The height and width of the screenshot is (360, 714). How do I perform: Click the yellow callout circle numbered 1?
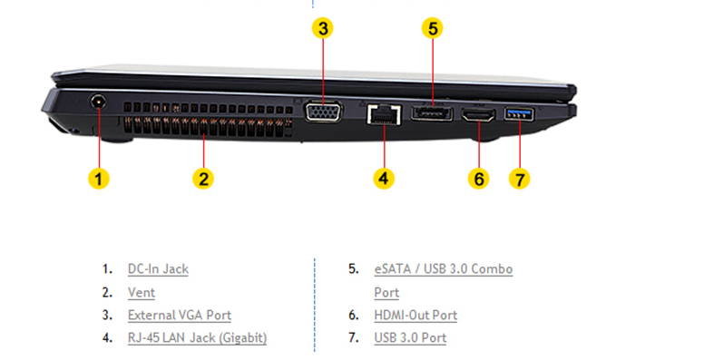(x=99, y=178)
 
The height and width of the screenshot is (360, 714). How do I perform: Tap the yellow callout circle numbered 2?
(x=203, y=178)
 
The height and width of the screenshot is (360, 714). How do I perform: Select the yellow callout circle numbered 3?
(x=323, y=28)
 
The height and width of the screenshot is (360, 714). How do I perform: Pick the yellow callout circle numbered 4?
(x=384, y=178)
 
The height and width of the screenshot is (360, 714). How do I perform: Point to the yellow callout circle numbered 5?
(x=433, y=28)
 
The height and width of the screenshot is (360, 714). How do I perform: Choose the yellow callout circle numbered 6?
(x=479, y=178)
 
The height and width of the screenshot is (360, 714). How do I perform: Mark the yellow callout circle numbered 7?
(x=520, y=178)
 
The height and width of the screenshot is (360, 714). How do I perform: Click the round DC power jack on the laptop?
(x=97, y=102)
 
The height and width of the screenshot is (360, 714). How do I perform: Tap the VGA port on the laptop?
(x=323, y=112)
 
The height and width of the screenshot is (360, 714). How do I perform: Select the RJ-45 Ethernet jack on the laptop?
(x=384, y=114)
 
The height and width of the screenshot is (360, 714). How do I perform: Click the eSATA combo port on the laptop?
(x=432, y=112)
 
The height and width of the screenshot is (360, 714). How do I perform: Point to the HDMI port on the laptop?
(x=479, y=114)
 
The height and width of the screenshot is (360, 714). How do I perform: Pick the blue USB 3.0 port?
(x=519, y=113)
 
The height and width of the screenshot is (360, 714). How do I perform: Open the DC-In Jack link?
(x=158, y=269)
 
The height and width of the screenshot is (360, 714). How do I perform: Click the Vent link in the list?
(x=142, y=292)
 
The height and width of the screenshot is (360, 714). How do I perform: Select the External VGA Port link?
(x=180, y=315)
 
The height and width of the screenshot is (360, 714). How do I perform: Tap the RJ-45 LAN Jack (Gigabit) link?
(x=197, y=337)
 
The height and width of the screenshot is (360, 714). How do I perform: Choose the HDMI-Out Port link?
(x=416, y=315)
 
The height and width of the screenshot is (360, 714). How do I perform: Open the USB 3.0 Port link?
(x=410, y=337)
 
